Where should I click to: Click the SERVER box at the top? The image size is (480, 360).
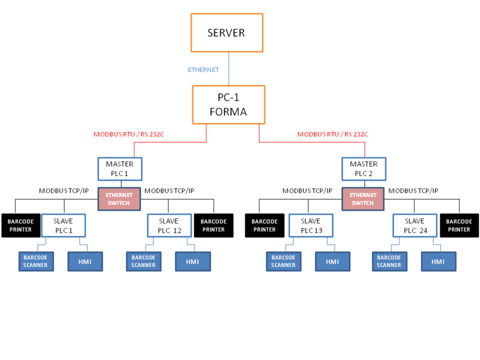(x=226, y=32)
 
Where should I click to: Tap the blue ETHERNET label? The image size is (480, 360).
(x=203, y=70)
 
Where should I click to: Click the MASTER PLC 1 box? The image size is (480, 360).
(x=119, y=169)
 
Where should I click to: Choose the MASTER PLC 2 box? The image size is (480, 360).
(x=364, y=169)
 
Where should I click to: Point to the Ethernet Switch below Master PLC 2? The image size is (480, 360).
(x=363, y=199)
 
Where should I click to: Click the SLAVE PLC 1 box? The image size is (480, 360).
(x=63, y=225)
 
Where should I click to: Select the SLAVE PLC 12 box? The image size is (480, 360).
(x=169, y=225)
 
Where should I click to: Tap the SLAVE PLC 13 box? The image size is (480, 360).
(x=310, y=225)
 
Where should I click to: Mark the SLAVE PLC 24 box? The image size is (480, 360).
(x=415, y=225)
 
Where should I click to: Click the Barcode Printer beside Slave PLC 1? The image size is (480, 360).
(x=21, y=225)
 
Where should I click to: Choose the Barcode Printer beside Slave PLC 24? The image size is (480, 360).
(x=459, y=225)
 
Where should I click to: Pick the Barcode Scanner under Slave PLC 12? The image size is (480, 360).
(x=143, y=261)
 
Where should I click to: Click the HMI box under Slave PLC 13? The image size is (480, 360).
(x=333, y=262)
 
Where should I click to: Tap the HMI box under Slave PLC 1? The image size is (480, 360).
(x=85, y=261)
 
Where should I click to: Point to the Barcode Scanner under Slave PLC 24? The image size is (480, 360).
(x=389, y=261)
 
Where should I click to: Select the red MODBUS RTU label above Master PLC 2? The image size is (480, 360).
(x=332, y=134)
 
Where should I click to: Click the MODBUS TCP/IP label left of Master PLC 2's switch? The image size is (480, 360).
(x=307, y=190)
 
